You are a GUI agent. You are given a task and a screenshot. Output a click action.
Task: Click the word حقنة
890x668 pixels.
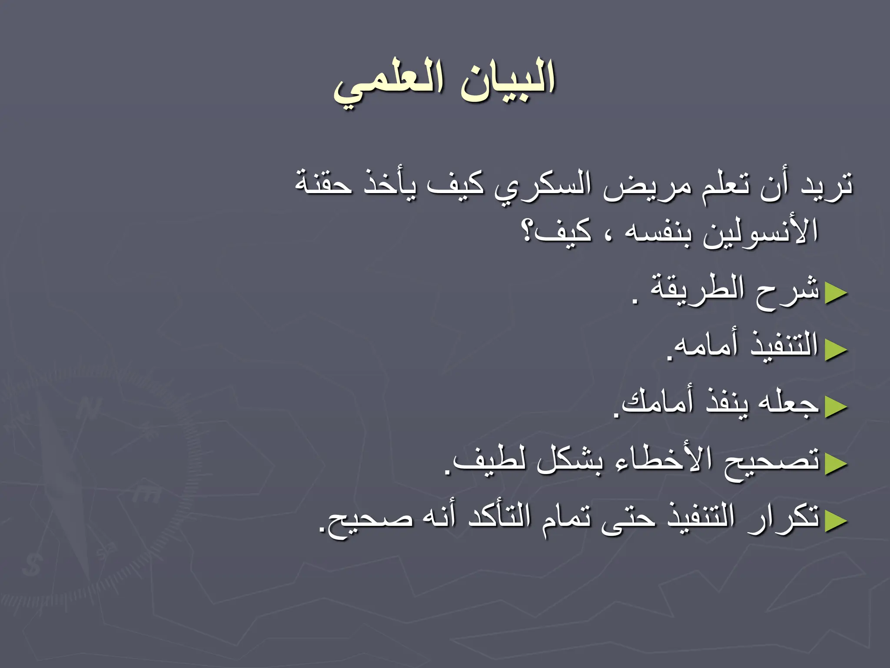point(324,185)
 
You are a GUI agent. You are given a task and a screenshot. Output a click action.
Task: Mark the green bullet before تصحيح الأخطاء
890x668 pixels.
point(836,463)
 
